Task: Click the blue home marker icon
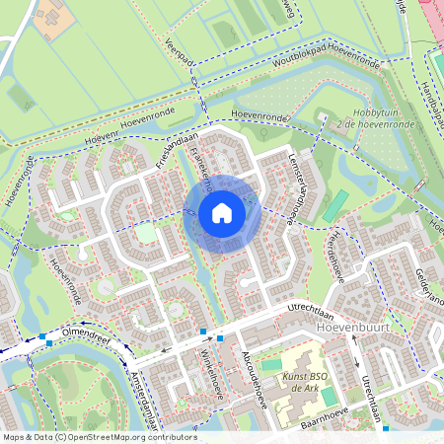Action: coord(222,213)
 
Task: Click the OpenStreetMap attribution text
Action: coord(99,437)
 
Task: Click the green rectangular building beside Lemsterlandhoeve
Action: coord(336,205)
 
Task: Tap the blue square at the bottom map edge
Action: coord(386,429)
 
